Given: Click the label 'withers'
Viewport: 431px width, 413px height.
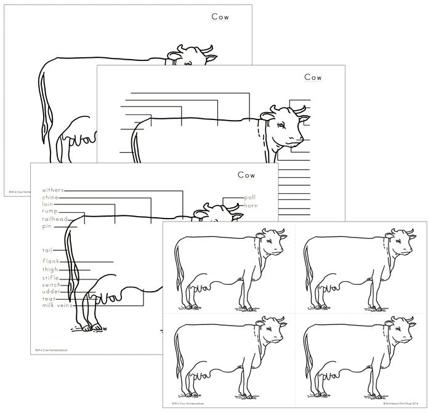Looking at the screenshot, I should tap(52, 190).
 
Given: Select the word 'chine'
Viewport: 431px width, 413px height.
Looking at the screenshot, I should tap(50, 197).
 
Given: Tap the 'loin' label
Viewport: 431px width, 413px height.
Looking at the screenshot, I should tap(48, 204).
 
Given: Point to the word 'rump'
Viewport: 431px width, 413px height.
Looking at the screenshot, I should tap(50, 211).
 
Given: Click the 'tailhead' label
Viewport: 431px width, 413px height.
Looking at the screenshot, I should tap(54, 219).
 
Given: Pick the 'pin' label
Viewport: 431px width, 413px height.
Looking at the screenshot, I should tap(46, 226).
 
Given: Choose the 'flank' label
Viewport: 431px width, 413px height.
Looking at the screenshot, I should tap(50, 261).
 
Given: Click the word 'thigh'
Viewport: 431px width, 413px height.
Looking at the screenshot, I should tap(50, 269).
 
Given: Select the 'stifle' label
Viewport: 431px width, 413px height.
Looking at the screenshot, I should tap(50, 277).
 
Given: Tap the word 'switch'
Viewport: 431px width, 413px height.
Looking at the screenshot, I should tap(52, 285).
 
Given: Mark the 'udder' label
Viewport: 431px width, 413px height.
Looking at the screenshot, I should tap(51, 292).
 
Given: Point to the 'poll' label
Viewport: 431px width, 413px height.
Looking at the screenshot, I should tap(249, 197).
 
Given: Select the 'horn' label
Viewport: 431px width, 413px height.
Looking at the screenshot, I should tap(251, 204).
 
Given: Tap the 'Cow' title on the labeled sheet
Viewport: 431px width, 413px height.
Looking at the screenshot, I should tap(246, 175).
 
